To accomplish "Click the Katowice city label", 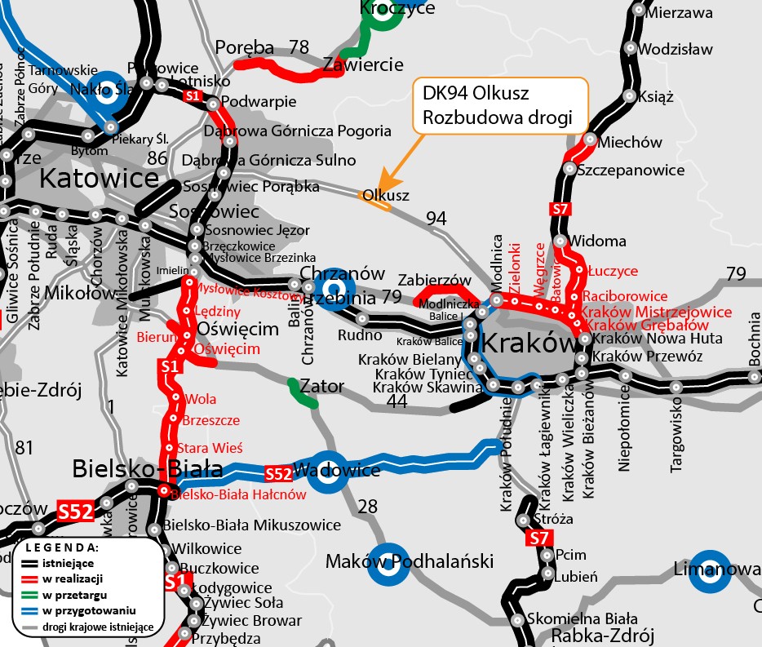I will (x=99, y=177).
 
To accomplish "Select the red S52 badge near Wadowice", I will (x=278, y=473).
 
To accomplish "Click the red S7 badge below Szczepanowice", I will (x=560, y=209).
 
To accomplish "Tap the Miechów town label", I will (x=630, y=143).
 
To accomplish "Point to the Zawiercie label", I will (x=363, y=64).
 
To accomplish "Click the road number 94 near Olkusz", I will (x=437, y=218).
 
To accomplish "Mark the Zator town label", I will (x=321, y=385).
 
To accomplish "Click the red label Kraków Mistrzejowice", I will (x=655, y=312).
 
